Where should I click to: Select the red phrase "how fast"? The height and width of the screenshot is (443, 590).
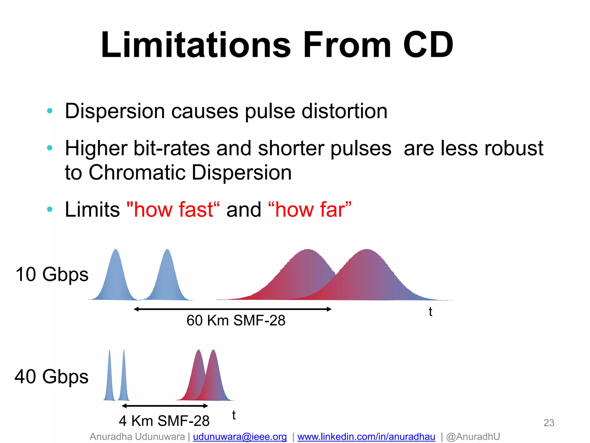(x=173, y=209)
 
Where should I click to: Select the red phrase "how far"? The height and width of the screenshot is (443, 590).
(x=310, y=209)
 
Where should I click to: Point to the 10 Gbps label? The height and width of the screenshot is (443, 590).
(x=52, y=274)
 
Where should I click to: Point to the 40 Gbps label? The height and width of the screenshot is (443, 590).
(x=52, y=377)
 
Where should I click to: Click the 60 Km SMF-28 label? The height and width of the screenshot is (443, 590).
(x=236, y=320)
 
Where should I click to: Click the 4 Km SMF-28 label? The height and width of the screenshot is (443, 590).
(x=164, y=421)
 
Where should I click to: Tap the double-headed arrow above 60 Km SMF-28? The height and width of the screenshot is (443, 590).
(x=233, y=309)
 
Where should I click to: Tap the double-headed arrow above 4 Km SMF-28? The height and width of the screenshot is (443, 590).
(x=165, y=406)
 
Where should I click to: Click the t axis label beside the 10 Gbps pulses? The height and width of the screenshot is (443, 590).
(x=430, y=312)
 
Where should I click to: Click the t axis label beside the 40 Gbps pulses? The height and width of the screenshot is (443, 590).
(x=234, y=415)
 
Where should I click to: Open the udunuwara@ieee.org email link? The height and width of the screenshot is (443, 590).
(x=240, y=437)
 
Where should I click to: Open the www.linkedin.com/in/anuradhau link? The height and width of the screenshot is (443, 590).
(x=366, y=437)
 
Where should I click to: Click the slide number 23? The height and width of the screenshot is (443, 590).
(x=549, y=423)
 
